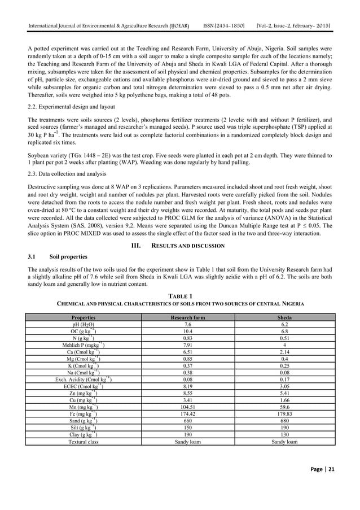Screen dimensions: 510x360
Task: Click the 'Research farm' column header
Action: point(188,317)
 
